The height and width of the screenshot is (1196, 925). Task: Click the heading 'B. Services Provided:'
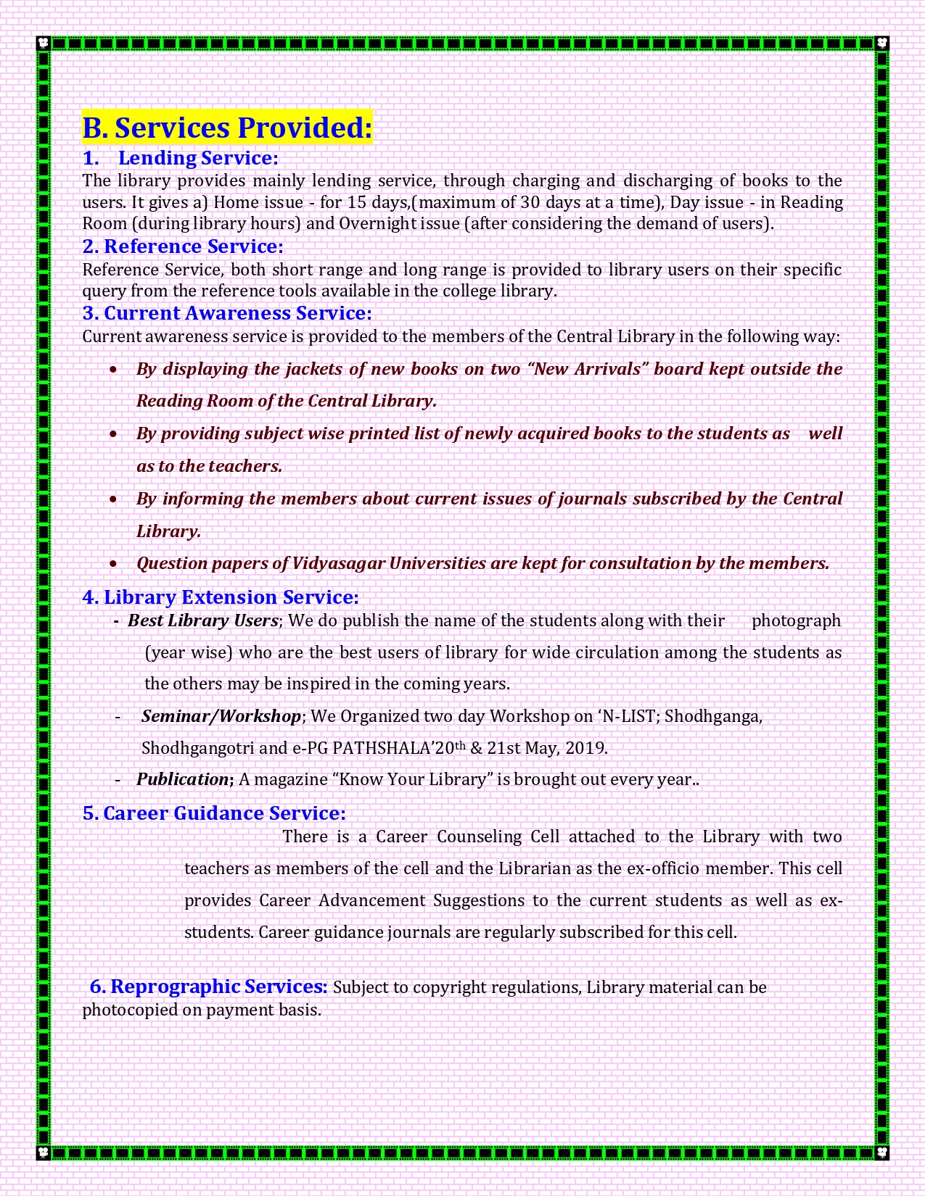227,128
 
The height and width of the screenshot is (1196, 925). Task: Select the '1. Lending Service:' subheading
181,158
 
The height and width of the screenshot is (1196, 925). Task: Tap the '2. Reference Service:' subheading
183,246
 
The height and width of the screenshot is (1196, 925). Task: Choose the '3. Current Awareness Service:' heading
227,313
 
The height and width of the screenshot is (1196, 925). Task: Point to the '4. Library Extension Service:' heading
221,597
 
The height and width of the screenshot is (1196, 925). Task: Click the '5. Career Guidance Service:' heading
214,813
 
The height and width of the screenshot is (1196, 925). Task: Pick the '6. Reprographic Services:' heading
209,987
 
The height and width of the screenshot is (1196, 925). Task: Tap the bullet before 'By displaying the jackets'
113,370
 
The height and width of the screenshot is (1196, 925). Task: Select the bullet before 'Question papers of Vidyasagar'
113,564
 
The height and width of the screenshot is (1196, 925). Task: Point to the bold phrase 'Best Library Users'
203,620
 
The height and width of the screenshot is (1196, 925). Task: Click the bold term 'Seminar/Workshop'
221,716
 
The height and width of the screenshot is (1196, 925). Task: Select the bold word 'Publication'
182,779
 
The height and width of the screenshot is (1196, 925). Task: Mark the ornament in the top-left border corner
43,43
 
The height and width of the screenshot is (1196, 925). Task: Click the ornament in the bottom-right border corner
882,1152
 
